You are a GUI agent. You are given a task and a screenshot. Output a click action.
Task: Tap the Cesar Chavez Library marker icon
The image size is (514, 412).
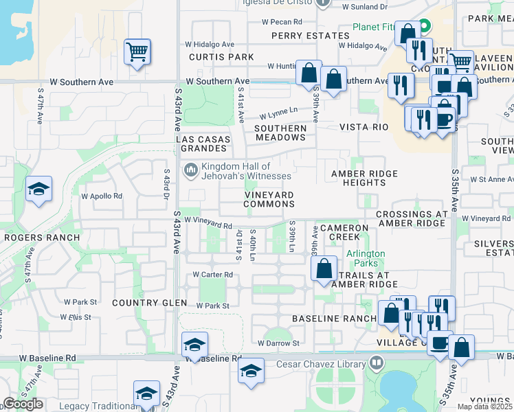[x=376, y=362]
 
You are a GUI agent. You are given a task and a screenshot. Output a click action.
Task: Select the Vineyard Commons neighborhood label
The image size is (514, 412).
[x=269, y=199]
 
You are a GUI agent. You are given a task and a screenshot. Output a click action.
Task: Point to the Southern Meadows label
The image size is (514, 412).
[x=280, y=133]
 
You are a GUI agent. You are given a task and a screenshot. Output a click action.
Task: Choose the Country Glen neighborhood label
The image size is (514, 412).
[x=149, y=303]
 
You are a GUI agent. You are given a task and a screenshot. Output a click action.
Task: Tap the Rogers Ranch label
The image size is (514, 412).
[x=41, y=238]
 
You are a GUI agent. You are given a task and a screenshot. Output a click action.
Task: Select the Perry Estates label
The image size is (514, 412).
[x=301, y=36]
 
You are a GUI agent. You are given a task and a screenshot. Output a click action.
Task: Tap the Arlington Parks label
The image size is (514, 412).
[x=365, y=258]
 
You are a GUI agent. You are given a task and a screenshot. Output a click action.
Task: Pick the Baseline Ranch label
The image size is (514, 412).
[x=334, y=319]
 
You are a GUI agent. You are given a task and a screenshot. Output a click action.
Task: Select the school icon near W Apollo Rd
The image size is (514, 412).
[x=38, y=189]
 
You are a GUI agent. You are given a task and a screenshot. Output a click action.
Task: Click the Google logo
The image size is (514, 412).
[x=23, y=404]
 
